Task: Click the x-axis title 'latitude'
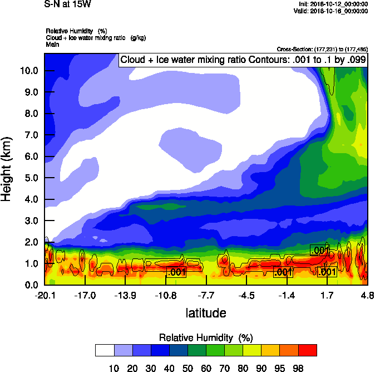pos(206,313)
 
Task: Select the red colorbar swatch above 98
pos(308,350)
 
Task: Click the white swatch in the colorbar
pos(105,350)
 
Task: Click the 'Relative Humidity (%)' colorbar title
pos(206,337)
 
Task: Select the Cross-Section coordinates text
pos(322,49)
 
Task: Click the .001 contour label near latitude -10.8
pos(176,272)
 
